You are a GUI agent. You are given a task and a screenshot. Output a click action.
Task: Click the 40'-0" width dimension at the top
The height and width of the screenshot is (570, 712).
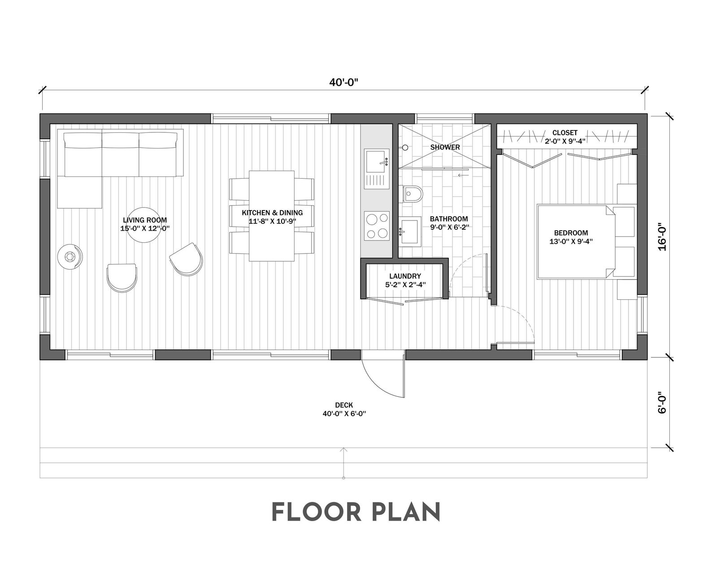(344, 83)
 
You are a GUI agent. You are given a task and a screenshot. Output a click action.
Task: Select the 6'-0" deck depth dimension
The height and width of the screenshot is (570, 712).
(662, 403)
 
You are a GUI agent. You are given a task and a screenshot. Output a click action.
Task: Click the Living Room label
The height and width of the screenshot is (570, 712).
(145, 220)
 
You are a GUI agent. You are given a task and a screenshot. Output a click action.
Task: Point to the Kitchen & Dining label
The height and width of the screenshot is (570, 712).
(272, 213)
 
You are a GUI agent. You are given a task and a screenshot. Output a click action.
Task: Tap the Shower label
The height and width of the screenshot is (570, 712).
(445, 147)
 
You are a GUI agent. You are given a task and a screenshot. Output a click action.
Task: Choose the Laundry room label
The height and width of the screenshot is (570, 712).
(405, 276)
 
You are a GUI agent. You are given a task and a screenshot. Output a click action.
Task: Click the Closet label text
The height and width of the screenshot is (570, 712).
(565, 133)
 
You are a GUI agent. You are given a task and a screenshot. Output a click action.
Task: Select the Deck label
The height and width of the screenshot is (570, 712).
(344, 405)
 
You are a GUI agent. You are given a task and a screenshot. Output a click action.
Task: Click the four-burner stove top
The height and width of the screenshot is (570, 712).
(377, 226)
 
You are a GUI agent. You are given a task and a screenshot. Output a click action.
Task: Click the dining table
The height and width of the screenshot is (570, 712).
(272, 216)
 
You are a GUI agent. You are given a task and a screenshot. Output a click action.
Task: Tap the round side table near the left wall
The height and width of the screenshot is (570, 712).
(70, 257)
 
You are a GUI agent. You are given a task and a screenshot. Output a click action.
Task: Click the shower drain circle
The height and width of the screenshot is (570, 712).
(405, 148)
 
